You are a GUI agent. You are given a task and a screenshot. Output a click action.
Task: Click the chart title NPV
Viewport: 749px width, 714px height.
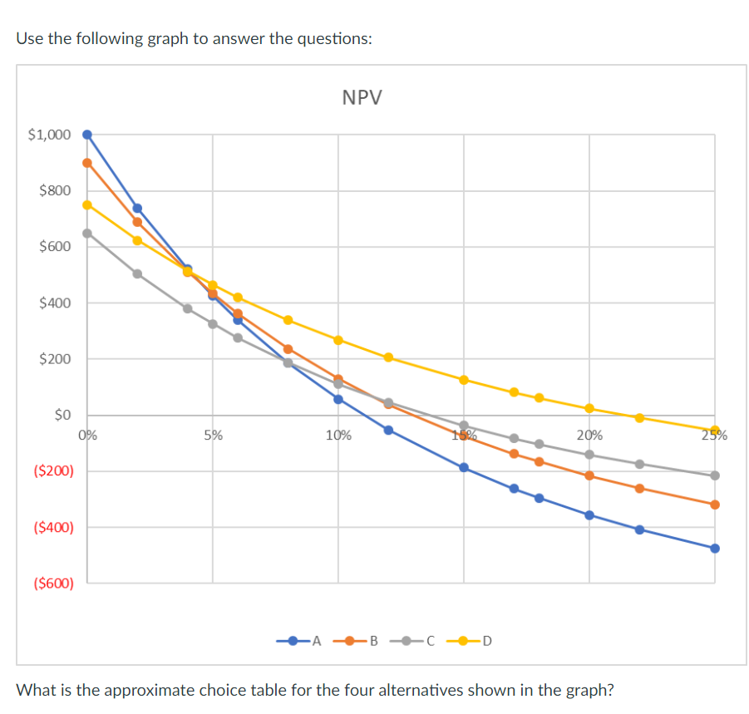click(x=362, y=98)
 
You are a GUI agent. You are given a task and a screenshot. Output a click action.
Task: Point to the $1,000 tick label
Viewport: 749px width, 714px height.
click(x=49, y=134)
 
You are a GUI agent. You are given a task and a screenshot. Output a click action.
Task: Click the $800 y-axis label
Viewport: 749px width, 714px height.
click(x=55, y=190)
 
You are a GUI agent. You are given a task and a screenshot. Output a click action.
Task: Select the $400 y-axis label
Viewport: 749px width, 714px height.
click(x=55, y=303)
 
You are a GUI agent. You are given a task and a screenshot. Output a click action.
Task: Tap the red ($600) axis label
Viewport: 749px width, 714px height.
click(x=53, y=584)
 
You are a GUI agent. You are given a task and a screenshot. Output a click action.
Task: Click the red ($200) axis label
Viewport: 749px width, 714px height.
click(x=53, y=471)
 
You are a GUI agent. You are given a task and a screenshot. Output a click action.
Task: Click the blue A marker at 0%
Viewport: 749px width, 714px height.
click(x=87, y=135)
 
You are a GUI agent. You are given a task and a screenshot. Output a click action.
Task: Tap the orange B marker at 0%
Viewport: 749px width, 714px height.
click(x=87, y=163)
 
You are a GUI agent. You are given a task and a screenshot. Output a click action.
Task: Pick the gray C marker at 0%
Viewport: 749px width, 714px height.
click(x=87, y=233)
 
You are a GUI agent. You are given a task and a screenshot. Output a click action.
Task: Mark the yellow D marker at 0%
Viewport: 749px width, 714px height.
click(x=87, y=204)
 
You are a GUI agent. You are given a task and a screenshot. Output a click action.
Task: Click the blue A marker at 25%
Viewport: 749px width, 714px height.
click(x=715, y=548)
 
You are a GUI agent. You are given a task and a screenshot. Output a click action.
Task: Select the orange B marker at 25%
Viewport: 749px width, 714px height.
click(x=715, y=505)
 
